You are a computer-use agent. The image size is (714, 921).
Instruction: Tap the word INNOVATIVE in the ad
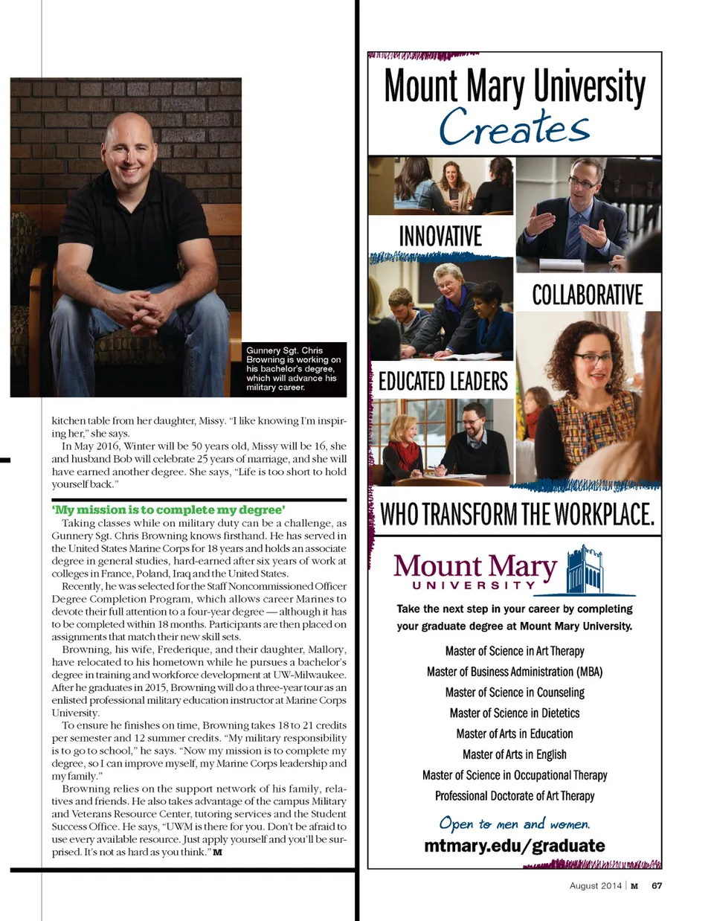point(440,237)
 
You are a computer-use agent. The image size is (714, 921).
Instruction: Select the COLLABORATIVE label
point(587,295)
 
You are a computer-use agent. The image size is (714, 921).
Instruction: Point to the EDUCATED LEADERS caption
point(443,382)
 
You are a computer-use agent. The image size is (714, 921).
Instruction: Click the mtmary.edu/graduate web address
point(514,845)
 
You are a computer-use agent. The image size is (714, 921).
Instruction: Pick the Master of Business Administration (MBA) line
point(515,671)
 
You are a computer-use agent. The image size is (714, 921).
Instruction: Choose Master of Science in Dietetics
point(515,713)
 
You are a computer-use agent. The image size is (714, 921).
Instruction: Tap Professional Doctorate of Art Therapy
point(515,795)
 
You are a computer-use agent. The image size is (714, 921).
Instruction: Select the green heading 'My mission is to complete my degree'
point(168,510)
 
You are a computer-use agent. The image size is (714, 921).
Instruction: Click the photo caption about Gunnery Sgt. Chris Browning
point(294,368)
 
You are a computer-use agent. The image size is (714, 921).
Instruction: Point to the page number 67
point(657,885)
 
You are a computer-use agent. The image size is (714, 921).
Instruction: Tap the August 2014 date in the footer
point(595,885)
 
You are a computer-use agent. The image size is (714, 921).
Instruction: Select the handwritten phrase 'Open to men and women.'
point(514,824)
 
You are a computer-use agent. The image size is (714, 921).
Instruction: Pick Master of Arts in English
point(515,754)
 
